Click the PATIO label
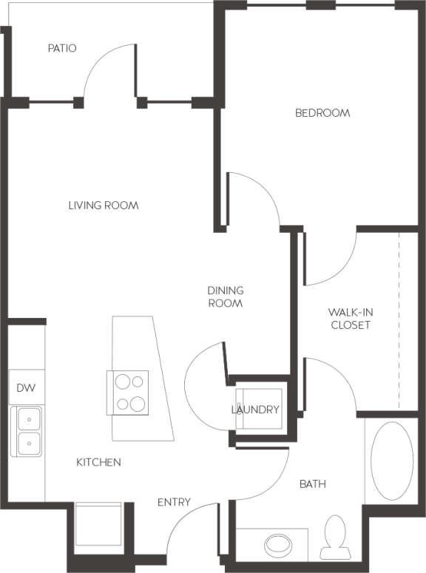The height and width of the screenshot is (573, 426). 62,49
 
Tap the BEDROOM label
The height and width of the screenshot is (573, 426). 322,113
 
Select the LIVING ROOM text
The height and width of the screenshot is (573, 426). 104,206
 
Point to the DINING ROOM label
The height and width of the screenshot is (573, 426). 226,297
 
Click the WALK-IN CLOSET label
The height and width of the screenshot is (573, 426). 351,319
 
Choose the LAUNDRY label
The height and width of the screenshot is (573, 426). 255,410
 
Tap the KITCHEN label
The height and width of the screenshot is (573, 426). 98,463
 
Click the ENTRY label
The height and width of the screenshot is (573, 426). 174,503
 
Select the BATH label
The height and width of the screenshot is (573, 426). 313,484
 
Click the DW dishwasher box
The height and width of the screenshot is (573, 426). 26,388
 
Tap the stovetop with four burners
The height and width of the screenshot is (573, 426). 128,393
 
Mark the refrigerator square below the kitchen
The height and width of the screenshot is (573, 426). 98,528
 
